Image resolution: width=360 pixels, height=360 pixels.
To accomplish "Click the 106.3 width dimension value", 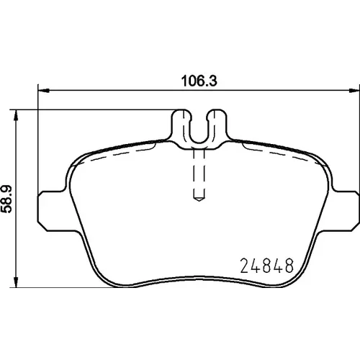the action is [x=199, y=81].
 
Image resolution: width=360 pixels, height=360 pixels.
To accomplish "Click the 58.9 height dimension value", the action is [x=6, y=199].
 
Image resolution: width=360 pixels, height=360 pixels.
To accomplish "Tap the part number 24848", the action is [x=267, y=266].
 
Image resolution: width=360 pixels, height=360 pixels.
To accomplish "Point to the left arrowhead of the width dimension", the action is [x=44, y=91].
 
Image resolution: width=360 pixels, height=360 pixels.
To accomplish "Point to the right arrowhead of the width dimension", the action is [x=354, y=91].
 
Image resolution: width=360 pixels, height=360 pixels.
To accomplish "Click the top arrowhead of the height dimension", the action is [x=16, y=115].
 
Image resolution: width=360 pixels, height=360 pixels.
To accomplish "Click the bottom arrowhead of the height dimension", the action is [x=16, y=282].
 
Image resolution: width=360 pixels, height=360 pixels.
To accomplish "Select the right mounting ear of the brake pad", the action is [x=346, y=211].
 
